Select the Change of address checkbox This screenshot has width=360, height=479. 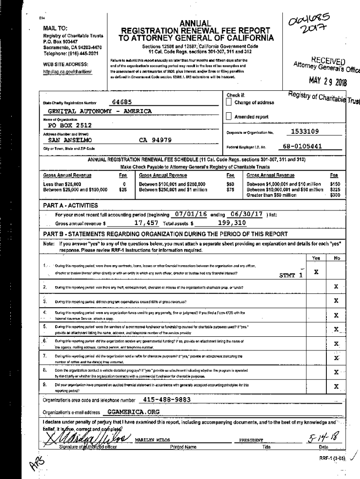[229, 102]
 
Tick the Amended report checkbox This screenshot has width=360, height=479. [229, 116]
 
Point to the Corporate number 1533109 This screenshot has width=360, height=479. [305, 132]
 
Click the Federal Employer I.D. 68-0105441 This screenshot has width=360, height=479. [302, 146]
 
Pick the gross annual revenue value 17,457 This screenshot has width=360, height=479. [146, 223]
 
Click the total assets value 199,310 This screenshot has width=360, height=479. [232, 223]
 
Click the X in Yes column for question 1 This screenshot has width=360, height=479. [317, 272]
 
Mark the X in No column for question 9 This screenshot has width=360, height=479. [336, 387]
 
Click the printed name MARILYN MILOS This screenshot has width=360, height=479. [151, 440]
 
